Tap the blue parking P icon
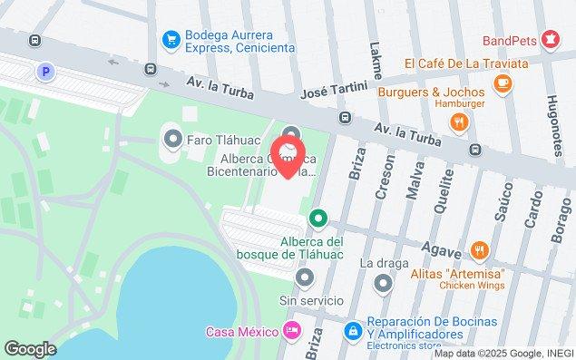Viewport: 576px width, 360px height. click(x=42, y=70)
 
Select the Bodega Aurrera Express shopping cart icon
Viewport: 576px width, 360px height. click(x=171, y=39)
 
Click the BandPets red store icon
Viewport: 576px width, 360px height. click(x=549, y=39)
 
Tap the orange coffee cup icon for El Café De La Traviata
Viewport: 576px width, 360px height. click(x=502, y=83)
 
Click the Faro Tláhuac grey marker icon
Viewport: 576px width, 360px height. click(x=172, y=140)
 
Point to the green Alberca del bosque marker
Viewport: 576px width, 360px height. click(x=317, y=218)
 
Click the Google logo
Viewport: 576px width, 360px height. click(x=30, y=349)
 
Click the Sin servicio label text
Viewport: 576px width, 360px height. click(x=311, y=301)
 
